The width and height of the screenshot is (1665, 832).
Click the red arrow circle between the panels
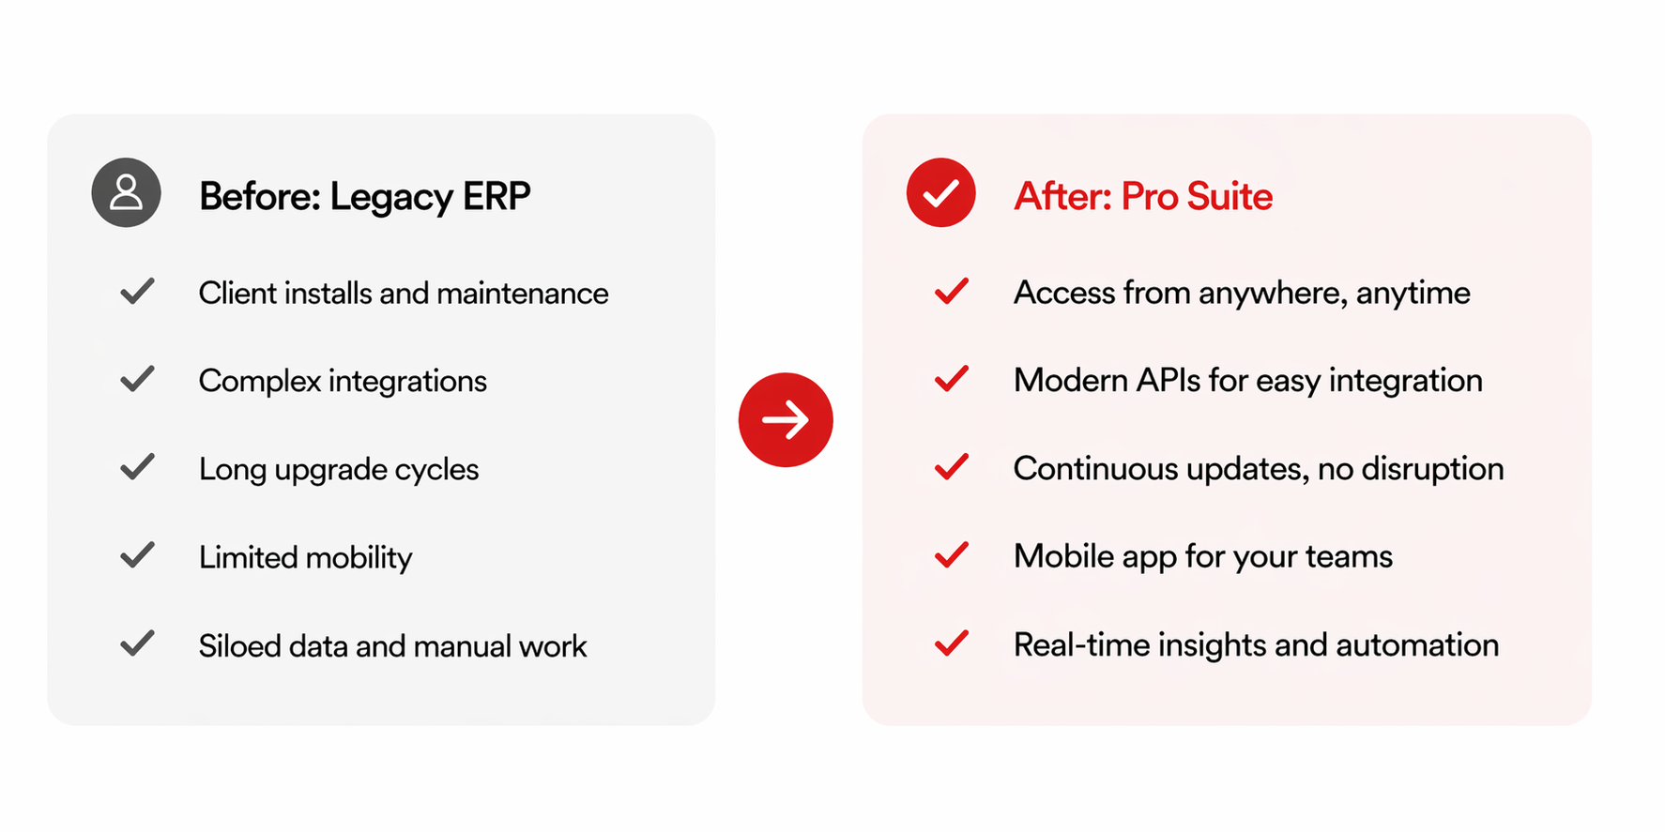point(786,419)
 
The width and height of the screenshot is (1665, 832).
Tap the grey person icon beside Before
point(126,192)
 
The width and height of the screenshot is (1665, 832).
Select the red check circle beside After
point(940,192)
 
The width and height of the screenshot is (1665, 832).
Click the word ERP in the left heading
point(496,196)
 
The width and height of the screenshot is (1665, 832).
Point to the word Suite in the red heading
point(1230,196)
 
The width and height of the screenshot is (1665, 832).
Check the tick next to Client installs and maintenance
point(137,292)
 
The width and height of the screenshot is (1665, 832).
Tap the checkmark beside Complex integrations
point(137,379)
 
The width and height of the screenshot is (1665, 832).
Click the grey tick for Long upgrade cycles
point(137,467)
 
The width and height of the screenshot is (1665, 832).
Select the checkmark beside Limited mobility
point(137,555)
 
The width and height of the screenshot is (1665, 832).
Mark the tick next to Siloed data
point(137,643)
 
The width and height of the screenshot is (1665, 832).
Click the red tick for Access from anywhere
point(952,292)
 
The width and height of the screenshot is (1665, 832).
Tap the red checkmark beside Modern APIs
point(952,379)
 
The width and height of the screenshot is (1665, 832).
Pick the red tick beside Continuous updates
point(952,467)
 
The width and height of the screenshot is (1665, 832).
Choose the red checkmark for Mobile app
point(952,555)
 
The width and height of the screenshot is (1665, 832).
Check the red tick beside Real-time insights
point(952,643)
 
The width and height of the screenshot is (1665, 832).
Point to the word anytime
point(1413,294)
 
